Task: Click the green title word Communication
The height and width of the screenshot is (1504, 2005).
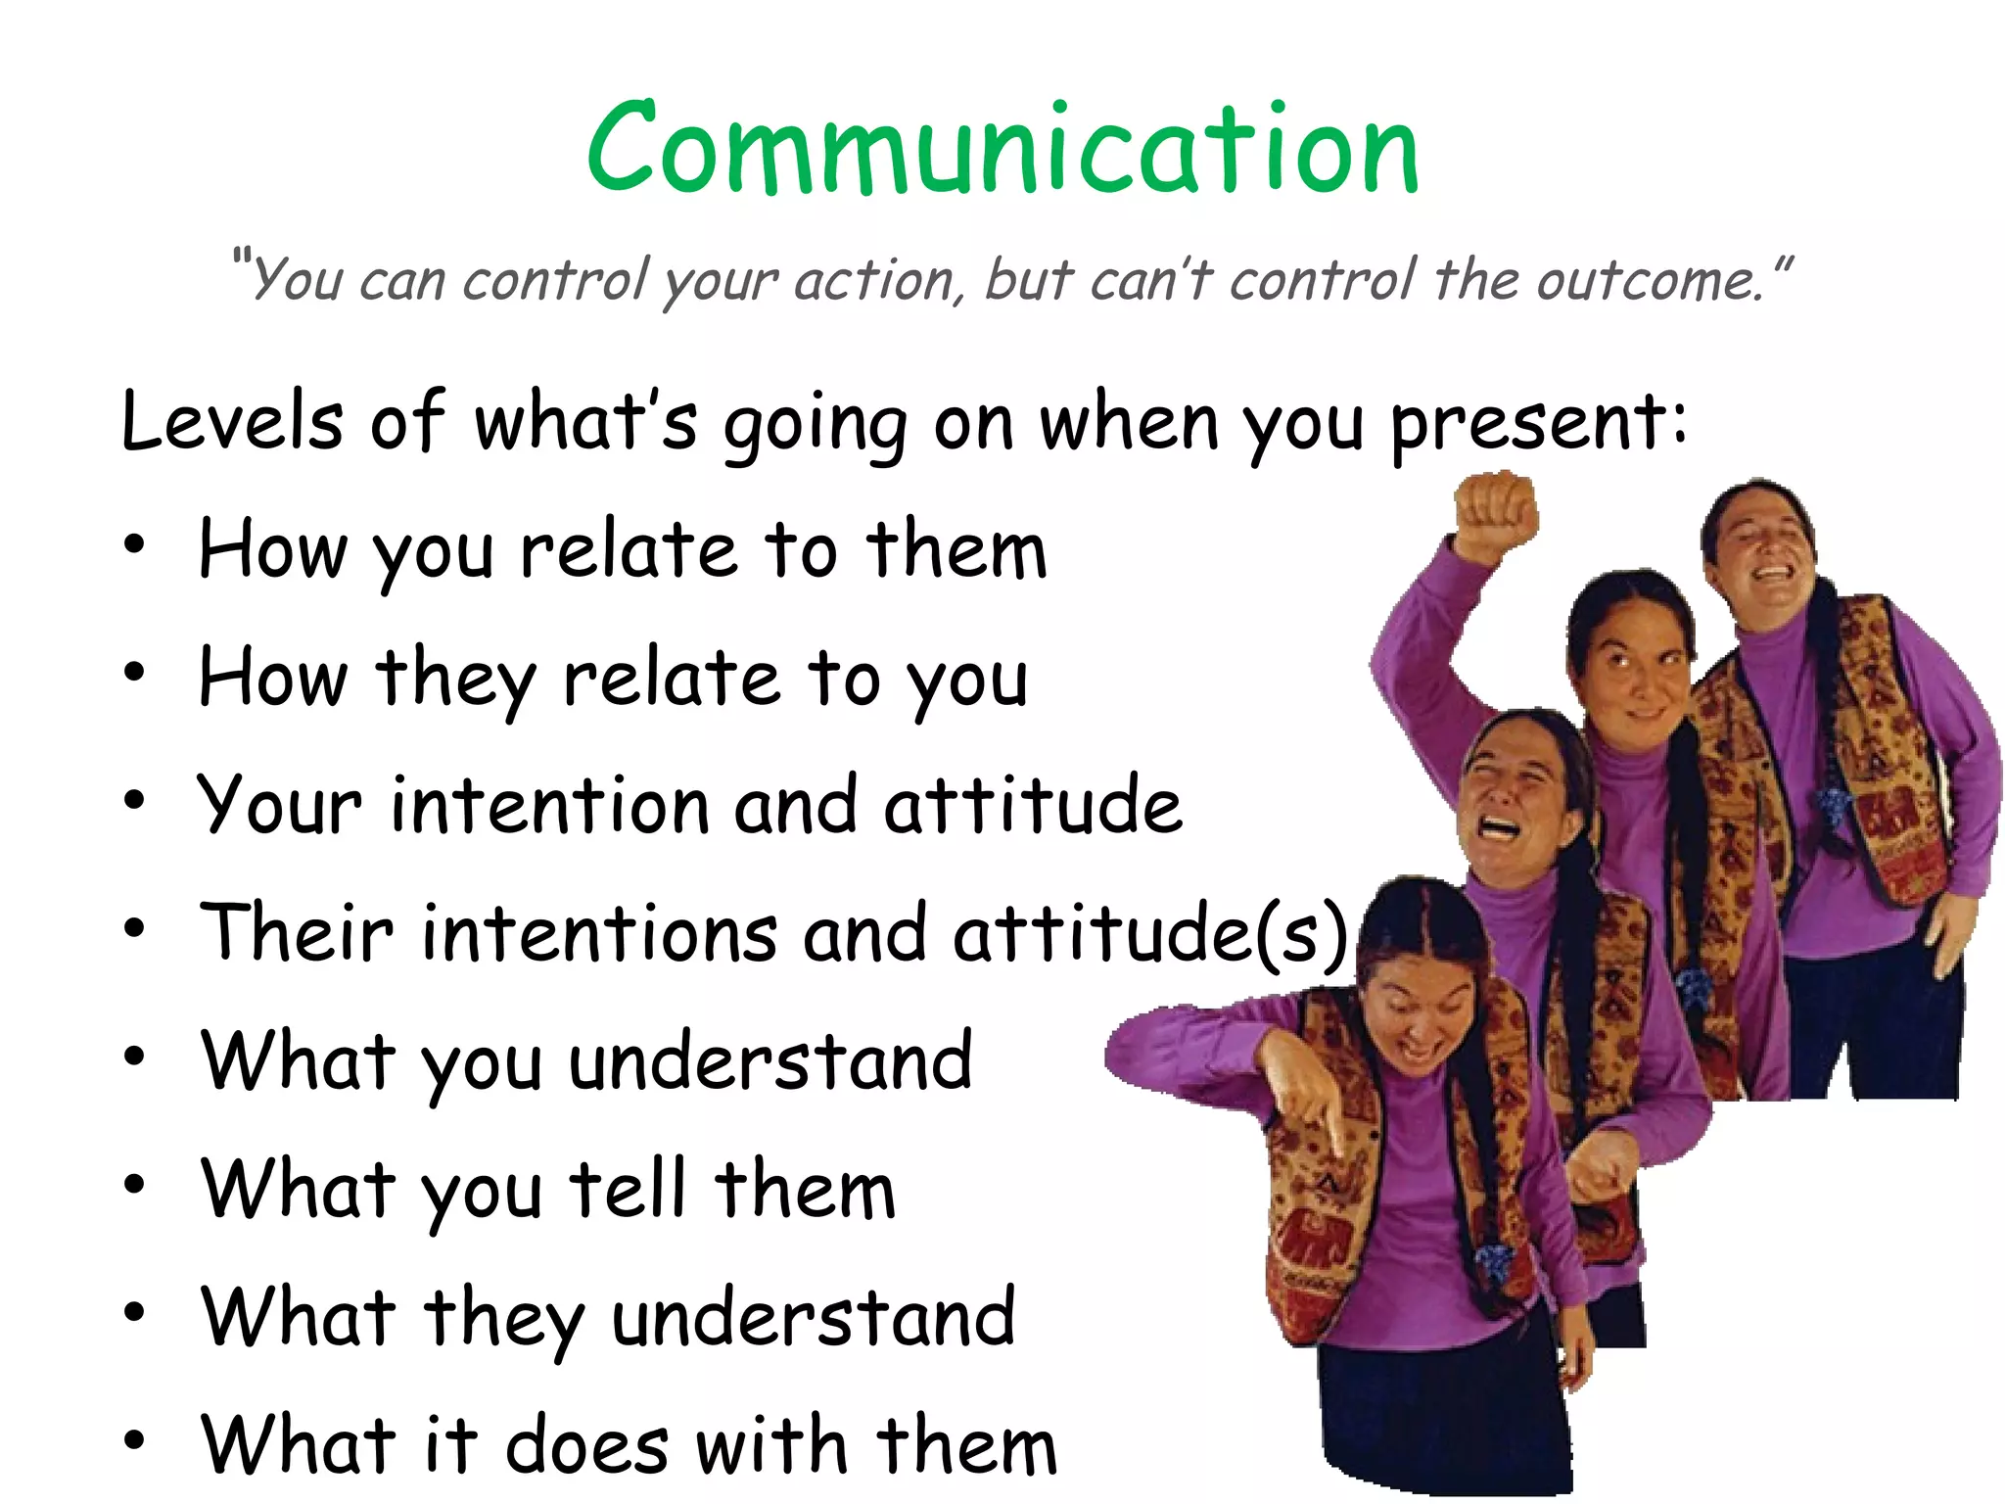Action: [x=1002, y=149]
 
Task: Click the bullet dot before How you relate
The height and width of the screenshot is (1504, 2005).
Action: [x=134, y=544]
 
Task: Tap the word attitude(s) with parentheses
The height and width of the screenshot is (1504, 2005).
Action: [x=1151, y=932]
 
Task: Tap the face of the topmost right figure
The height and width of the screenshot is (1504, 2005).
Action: [x=1762, y=543]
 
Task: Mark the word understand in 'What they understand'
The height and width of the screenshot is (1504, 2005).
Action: [x=813, y=1316]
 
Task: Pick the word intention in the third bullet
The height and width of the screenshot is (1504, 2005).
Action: [x=548, y=805]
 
